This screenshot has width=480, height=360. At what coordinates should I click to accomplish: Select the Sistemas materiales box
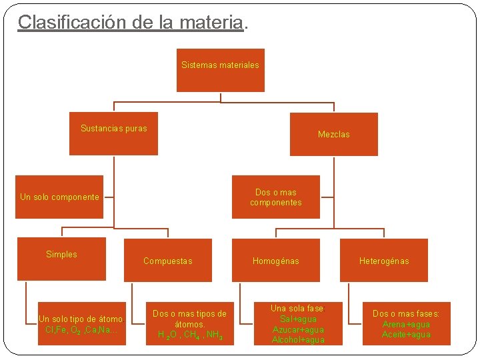tap(220, 70)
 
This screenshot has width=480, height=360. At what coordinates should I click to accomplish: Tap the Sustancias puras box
tap(114, 133)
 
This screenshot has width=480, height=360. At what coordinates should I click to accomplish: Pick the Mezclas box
tap(333, 134)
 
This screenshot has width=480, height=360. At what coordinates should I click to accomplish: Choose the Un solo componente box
tap(60, 197)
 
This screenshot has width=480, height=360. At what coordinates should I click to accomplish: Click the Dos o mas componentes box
tap(275, 197)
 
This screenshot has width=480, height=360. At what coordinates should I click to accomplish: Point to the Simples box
tap(61, 259)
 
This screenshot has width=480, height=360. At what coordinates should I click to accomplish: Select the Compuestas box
tap(168, 261)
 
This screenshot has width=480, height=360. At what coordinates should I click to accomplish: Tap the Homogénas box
tap(275, 261)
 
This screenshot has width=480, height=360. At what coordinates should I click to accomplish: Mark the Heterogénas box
tap(384, 261)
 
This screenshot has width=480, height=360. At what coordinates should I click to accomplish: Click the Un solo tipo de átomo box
tap(81, 324)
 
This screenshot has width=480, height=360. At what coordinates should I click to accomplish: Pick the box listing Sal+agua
tap(297, 324)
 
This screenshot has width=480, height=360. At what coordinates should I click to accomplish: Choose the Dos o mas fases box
tap(406, 324)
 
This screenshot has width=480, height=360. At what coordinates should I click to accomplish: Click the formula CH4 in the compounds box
tap(193, 335)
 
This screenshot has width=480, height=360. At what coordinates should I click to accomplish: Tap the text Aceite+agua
tap(406, 335)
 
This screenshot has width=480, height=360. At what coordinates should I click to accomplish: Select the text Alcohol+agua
tap(298, 340)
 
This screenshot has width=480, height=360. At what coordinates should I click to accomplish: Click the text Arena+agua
tap(406, 325)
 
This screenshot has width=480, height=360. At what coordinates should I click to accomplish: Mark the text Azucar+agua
tap(298, 330)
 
